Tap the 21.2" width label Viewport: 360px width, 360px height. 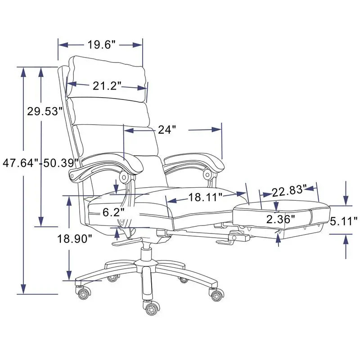[108, 85]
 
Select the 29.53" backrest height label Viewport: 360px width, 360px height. [44, 111]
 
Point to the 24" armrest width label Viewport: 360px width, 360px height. [166, 130]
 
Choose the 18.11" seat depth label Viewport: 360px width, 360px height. [206, 197]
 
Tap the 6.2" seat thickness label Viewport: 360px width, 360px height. [113, 212]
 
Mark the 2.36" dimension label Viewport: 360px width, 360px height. [281, 219]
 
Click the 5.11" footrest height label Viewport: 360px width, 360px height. [343, 220]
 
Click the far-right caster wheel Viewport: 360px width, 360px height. [216, 295]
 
